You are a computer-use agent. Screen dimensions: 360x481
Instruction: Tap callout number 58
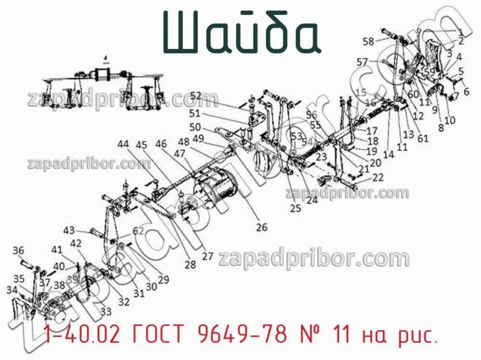pyautogui.click(x=367, y=41)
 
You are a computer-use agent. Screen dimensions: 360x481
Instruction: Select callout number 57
pyautogui.click(x=362, y=62)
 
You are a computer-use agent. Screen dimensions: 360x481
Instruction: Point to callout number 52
pyautogui.click(x=196, y=95)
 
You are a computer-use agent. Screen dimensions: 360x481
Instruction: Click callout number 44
pyautogui.click(x=123, y=144)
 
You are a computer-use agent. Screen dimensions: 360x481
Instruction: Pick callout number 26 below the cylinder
pyautogui.click(x=262, y=227)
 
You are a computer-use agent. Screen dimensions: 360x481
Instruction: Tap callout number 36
pyautogui.click(x=19, y=251)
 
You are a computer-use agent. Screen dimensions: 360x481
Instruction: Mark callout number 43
pyautogui.click(x=70, y=230)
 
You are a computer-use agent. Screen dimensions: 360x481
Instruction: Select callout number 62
pyautogui.click(x=138, y=230)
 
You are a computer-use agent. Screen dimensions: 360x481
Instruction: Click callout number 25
pyautogui.click(x=295, y=209)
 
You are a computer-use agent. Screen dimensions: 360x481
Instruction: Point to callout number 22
pyautogui.click(x=378, y=177)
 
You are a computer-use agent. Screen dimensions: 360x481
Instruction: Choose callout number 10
pyautogui.click(x=450, y=120)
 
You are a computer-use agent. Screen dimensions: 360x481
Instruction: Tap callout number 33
pyautogui.click(x=106, y=311)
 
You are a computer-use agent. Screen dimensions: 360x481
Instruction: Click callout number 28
pyautogui.click(x=190, y=264)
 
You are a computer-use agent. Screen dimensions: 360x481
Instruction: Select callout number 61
pyautogui.click(x=423, y=138)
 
